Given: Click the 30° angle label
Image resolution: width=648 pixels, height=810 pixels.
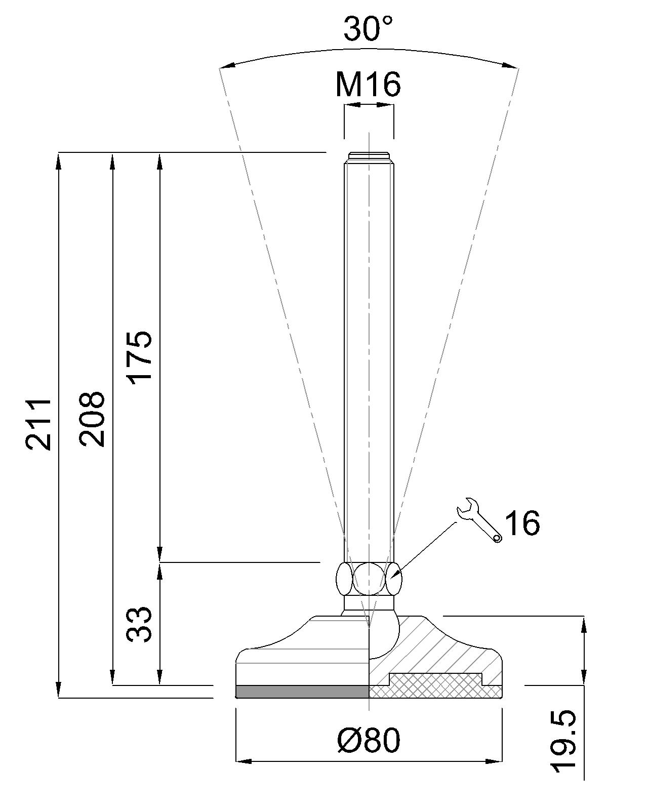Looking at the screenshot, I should (368, 29).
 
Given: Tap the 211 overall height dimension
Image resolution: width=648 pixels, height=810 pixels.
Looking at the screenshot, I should (38, 424).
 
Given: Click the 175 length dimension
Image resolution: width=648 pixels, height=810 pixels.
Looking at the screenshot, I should (139, 357).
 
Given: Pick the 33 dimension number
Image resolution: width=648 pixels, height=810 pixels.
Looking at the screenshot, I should (139, 624).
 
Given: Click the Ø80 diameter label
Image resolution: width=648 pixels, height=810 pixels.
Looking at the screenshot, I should (369, 740).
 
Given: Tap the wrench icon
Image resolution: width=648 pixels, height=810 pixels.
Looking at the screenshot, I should (478, 520).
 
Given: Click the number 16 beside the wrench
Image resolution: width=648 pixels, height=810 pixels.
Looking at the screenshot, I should (522, 523).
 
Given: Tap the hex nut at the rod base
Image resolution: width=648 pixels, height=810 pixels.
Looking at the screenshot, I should (369, 579).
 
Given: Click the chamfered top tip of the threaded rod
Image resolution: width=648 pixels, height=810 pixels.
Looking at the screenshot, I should (369, 157).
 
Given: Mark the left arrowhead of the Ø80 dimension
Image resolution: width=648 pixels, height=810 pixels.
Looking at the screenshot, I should (243, 761).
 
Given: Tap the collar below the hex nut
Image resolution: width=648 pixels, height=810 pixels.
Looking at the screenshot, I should (369, 603).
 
